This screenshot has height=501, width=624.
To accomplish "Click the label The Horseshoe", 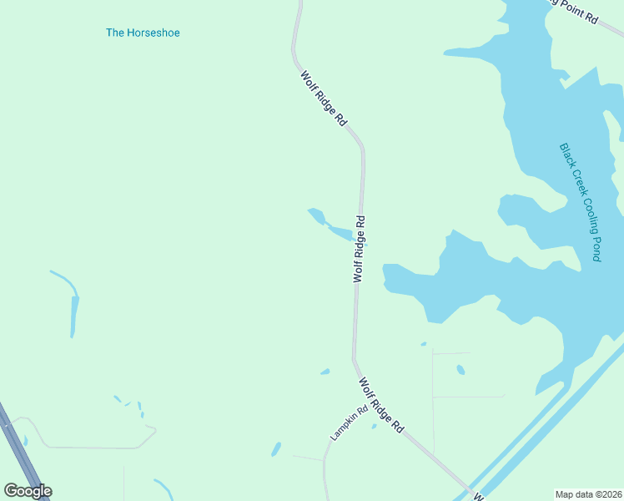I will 143,33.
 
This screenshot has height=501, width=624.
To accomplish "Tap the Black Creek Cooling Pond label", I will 580,201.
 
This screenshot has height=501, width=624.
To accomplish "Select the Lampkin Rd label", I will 349,423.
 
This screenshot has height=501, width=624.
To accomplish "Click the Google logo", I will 28,491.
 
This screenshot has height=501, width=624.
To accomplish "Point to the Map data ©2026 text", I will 589,494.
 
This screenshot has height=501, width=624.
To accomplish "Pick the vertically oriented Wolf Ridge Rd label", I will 360,249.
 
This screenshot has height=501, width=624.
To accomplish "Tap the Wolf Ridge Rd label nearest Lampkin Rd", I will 381,405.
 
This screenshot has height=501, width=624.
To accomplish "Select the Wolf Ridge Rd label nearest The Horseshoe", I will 324,98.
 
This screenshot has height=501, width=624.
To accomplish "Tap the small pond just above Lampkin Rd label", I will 325,372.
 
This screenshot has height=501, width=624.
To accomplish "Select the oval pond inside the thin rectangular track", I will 460,369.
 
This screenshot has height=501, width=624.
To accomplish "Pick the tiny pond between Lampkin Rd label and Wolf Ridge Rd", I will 374,427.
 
